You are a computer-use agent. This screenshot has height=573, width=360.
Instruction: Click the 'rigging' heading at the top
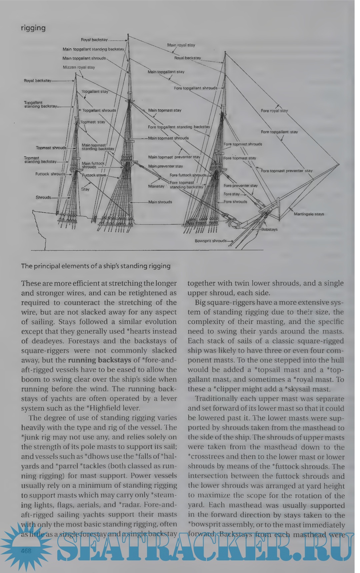coord(33,28)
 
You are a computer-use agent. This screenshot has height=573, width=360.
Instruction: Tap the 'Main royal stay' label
coord(181,45)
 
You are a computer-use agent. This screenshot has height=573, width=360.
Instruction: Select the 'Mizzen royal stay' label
coord(79,67)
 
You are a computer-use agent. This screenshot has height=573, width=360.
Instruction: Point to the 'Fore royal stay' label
coord(274,111)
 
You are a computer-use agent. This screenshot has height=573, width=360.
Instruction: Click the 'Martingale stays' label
coord(309,214)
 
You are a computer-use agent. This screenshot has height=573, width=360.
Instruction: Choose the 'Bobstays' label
coord(269,229)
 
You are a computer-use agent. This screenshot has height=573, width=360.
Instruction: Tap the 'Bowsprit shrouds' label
coord(211,241)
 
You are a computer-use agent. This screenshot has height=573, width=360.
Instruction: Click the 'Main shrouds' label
coord(160,202)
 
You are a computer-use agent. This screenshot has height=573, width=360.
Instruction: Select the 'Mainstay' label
coord(156,186)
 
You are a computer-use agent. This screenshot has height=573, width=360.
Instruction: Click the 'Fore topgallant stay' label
coord(279,132)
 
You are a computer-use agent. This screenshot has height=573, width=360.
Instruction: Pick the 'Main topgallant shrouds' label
coord(84,58)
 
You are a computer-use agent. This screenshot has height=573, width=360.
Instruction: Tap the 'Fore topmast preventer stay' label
coord(287,171)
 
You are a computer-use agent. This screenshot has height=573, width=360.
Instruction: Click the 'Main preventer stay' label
coord(165,166)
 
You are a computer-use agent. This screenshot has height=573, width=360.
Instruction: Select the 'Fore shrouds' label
coord(235,202)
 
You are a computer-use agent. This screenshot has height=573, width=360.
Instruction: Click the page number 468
coord(26,551)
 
